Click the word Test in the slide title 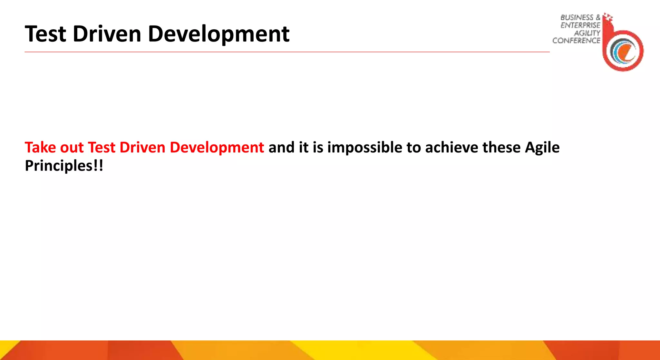[x=45, y=34]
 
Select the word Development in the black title [x=218, y=34]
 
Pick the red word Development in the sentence [x=217, y=148]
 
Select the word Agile [x=542, y=148]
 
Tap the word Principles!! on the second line [x=64, y=166]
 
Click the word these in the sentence [x=501, y=148]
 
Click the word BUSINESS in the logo [x=577, y=17]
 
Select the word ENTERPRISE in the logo [x=580, y=25]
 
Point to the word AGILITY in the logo [x=587, y=33]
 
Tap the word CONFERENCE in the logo [x=576, y=41]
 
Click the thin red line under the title [x=287, y=52]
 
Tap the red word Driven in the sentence [x=142, y=148]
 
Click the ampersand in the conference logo [x=598, y=17]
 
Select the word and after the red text [x=281, y=148]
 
